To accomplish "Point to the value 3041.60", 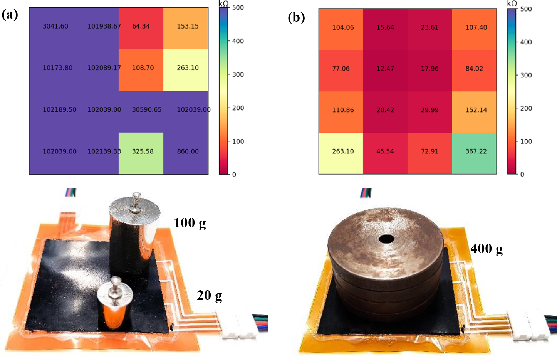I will pos(55,26).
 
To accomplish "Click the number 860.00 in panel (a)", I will pos(188,151).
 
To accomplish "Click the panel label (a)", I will pos(10,15).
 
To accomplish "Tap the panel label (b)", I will pos(296,17).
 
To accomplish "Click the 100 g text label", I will pos(190,223).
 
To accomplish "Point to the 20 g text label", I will pos(209,296).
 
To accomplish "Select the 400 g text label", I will pos(486,249).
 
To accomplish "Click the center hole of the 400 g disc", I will pos(386,239).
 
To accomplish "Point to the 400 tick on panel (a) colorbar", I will pos(238,41).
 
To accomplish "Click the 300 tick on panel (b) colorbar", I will pos(526,75).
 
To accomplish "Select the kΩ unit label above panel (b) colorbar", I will pos(512,3).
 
